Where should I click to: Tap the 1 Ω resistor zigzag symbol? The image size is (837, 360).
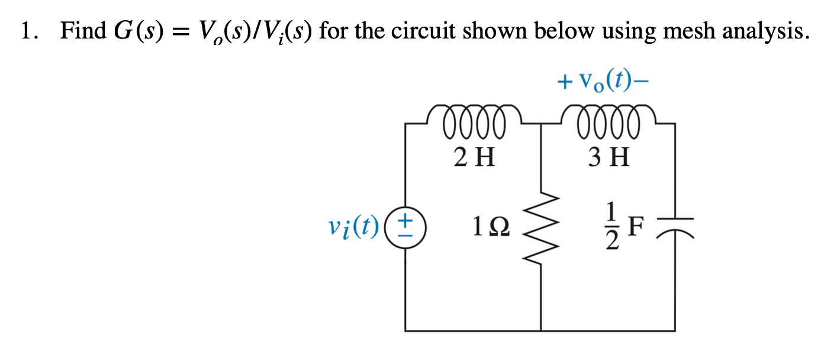pos(541,226)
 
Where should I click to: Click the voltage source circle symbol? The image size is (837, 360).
pos(405,226)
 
